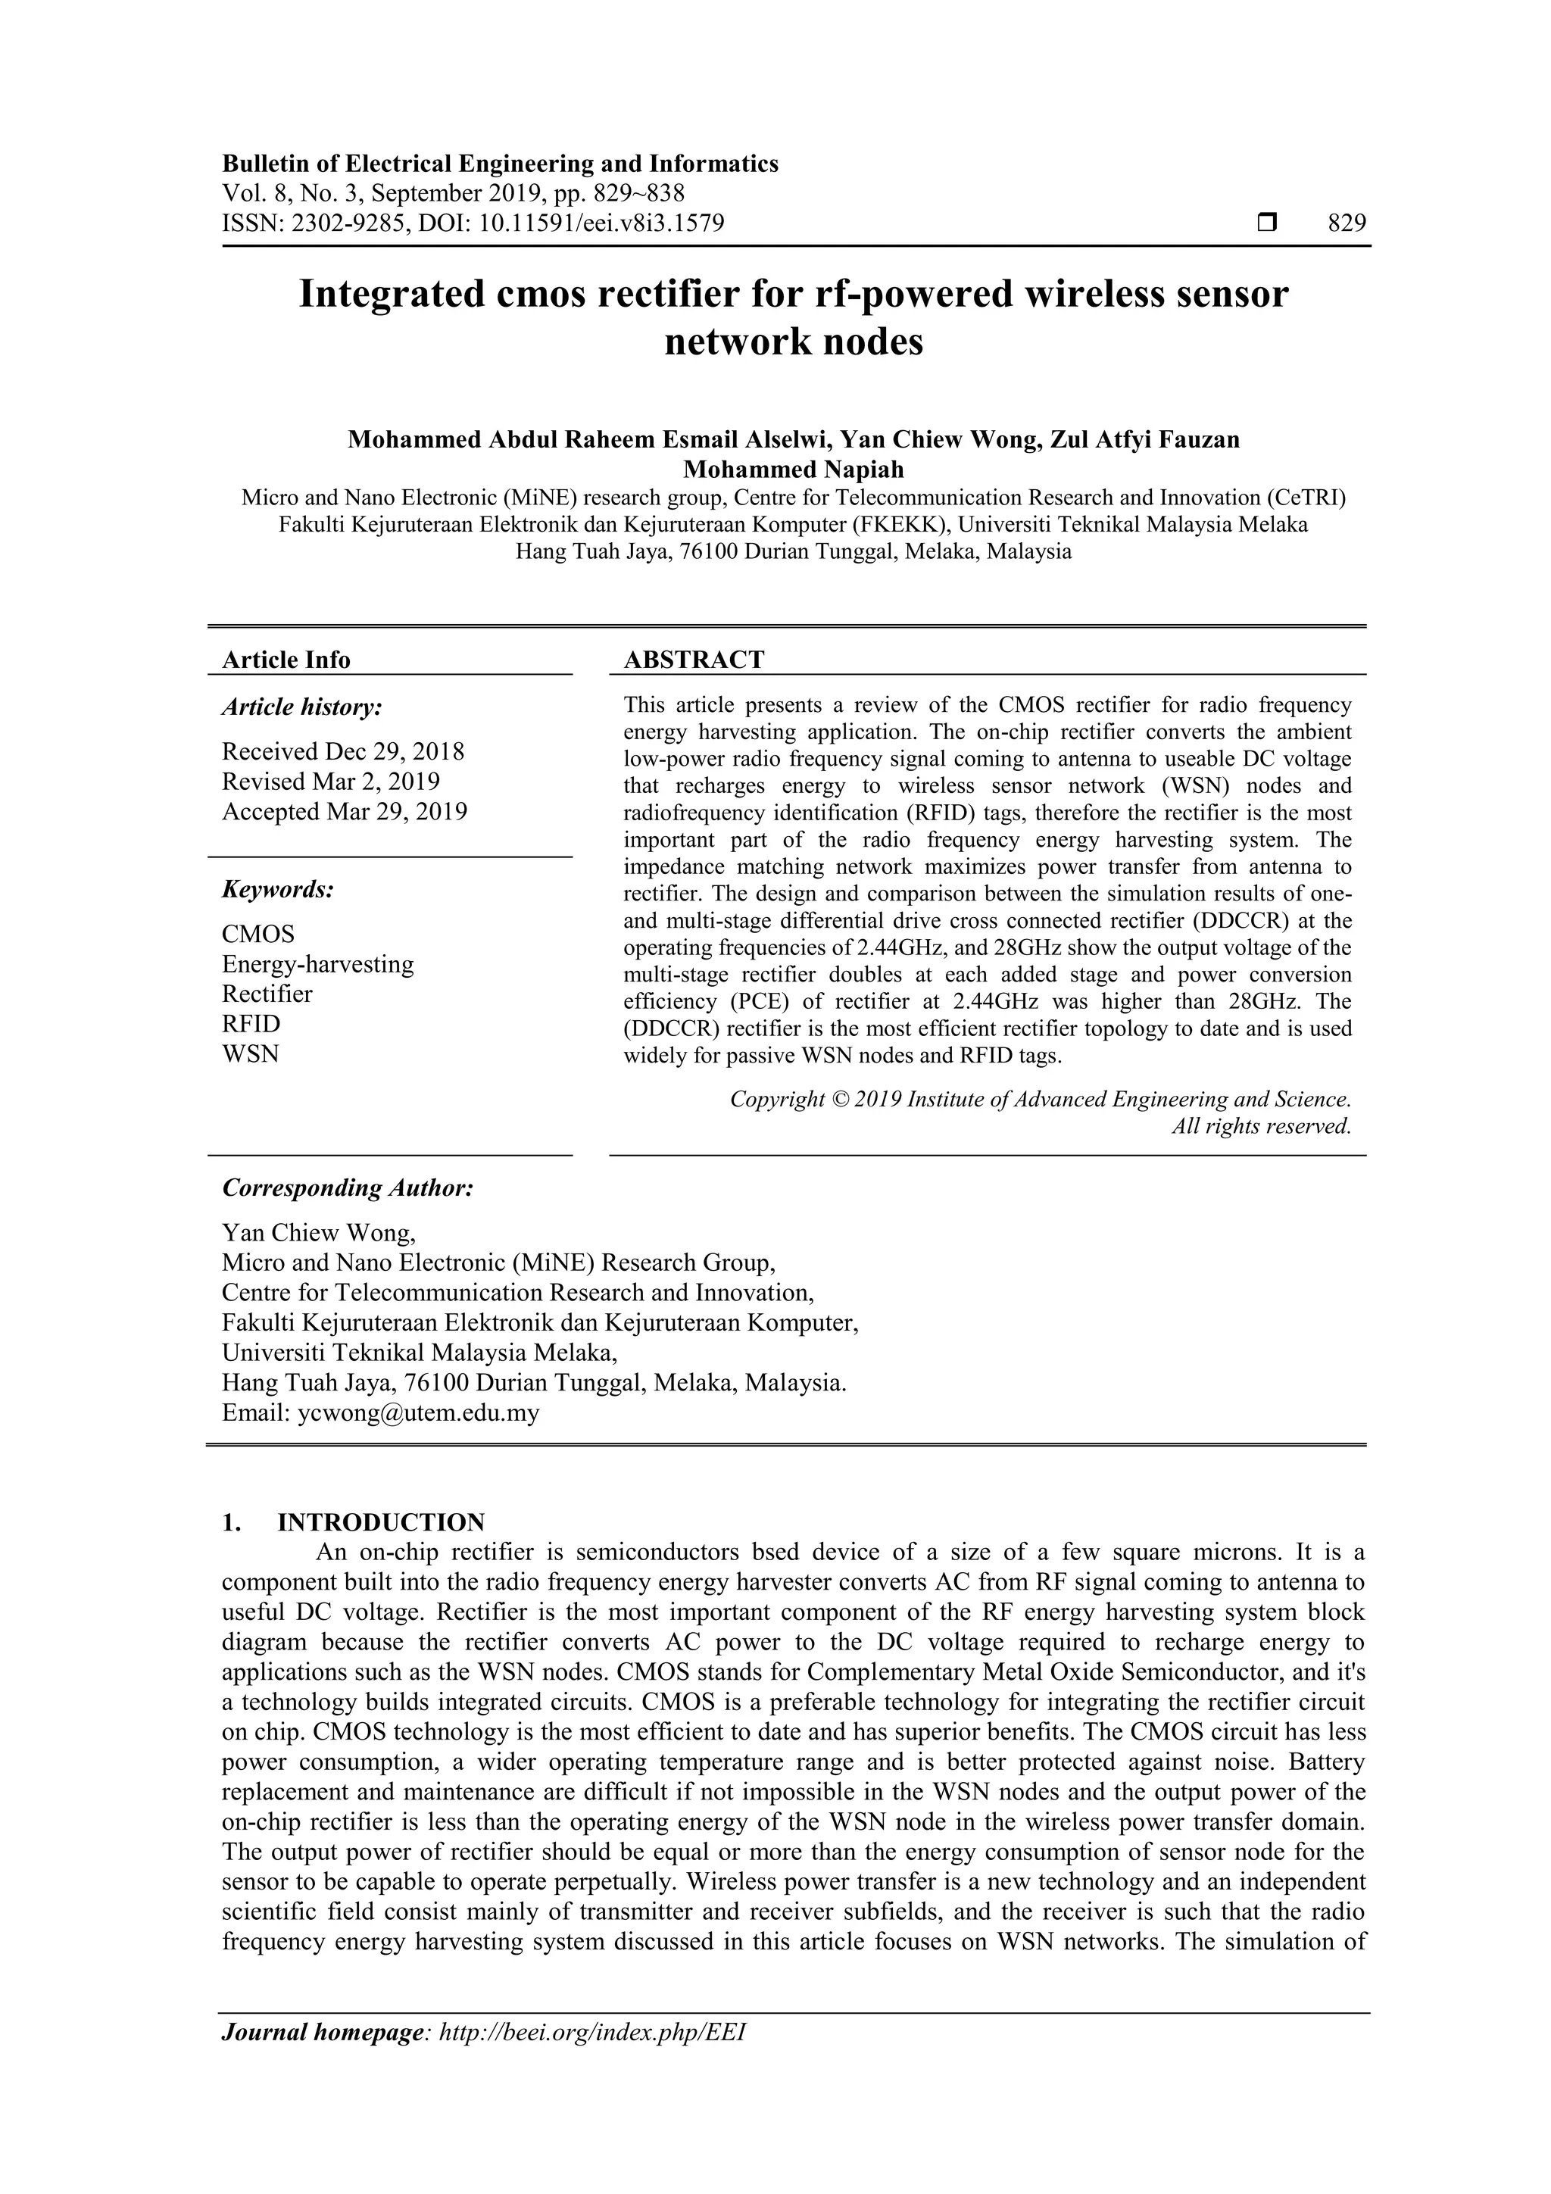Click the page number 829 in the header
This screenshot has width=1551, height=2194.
pyautogui.click(x=1347, y=223)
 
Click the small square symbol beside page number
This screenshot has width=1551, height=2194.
pyautogui.click(x=1267, y=223)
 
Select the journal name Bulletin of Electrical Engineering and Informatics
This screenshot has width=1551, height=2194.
pyautogui.click(x=500, y=164)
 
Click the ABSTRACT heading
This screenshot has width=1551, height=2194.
pyautogui.click(x=694, y=660)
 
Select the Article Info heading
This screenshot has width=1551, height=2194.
pyautogui.click(x=286, y=660)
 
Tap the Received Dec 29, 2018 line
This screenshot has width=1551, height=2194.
pyautogui.click(x=342, y=751)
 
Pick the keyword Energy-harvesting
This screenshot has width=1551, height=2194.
pyautogui.click(x=317, y=963)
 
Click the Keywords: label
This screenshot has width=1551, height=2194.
pyautogui.click(x=278, y=890)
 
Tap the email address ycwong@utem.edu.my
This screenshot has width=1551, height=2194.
pyautogui.click(x=419, y=1413)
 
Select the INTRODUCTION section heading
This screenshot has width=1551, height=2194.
pyautogui.click(x=380, y=1522)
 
